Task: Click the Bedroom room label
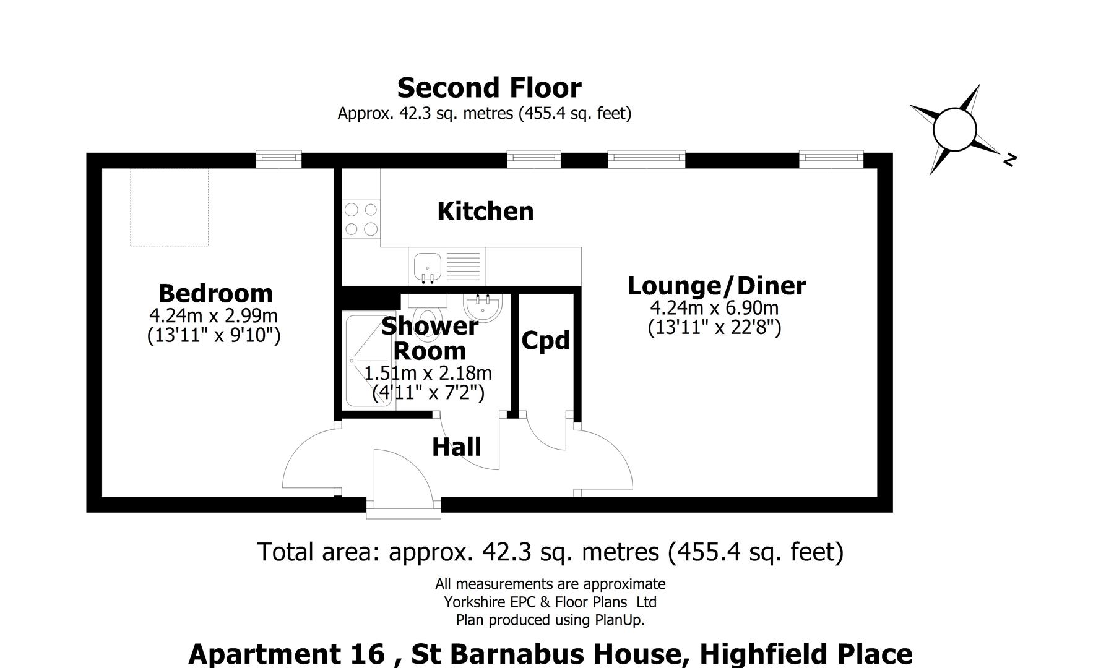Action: point(215,293)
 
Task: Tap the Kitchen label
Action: point(485,212)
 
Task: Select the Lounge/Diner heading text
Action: point(716,286)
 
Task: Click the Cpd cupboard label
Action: point(545,341)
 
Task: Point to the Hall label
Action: point(456,447)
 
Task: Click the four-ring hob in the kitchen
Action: point(361,220)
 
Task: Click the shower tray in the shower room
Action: point(368,361)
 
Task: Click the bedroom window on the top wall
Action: point(278,160)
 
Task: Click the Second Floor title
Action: point(489,88)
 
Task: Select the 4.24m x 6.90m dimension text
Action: point(714,307)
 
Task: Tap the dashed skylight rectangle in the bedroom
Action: point(169,207)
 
